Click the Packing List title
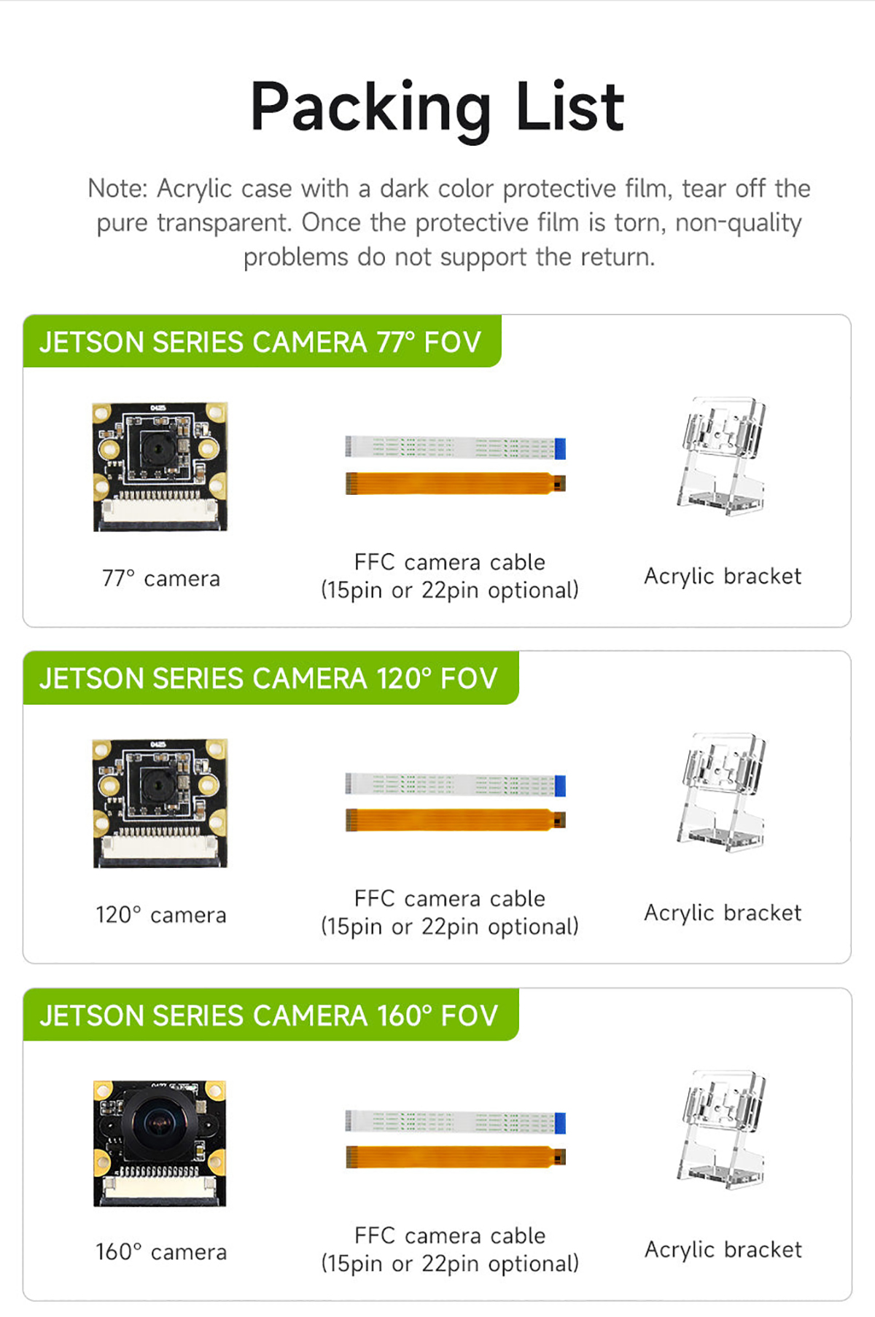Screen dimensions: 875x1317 [437, 107]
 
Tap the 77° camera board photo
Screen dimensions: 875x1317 [160, 466]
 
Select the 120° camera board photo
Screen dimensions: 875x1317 [160, 803]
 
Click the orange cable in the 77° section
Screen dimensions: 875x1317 [456, 483]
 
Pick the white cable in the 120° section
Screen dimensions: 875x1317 [456, 784]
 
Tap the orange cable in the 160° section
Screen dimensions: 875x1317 [456, 1157]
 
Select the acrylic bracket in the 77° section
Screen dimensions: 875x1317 [722, 456]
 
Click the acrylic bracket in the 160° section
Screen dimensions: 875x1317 [722, 1129]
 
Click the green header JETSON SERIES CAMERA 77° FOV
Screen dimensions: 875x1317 [262, 341]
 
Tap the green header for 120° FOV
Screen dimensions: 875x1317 [271, 678]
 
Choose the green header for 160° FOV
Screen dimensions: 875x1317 [271, 1015]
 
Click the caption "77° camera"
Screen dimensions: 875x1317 [161, 578]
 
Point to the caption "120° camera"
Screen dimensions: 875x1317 [161, 915]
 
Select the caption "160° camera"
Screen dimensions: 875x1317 [161, 1251]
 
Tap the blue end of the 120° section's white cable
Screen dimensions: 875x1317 [560, 786]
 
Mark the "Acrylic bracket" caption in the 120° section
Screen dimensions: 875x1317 [723, 913]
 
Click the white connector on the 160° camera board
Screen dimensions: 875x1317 [160, 1188]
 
